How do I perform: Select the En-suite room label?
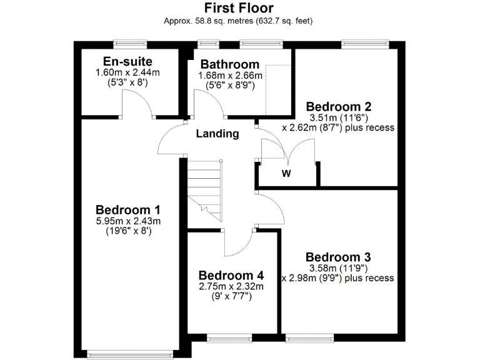[x=127, y=61]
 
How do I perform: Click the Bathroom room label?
[x=229, y=64]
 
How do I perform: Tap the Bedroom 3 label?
[x=338, y=257]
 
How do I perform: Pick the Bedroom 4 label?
[x=231, y=275]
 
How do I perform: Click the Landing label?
[x=217, y=133]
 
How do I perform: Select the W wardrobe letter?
[x=286, y=174]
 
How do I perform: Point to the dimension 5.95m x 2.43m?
[x=128, y=221]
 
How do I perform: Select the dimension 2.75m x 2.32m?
[x=231, y=286]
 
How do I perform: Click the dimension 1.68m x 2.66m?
[x=229, y=76]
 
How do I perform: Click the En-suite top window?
[x=130, y=43]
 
